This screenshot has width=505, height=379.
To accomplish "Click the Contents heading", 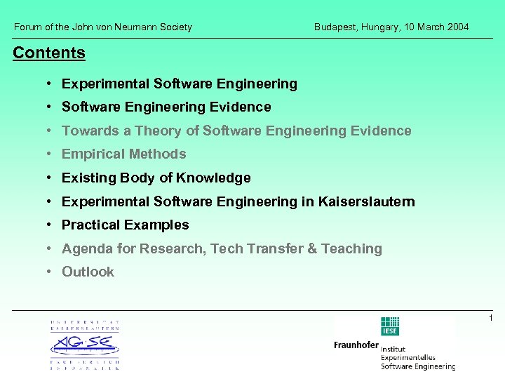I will [x=49, y=53].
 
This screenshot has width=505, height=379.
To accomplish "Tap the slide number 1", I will [x=491, y=319].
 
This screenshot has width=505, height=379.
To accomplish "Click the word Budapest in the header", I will [x=336, y=27].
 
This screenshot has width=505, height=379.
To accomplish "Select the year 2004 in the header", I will [x=457, y=27].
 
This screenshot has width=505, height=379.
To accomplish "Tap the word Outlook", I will [x=88, y=272].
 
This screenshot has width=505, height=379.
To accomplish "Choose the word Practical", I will [x=90, y=225].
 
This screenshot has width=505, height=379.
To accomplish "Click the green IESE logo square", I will [x=389, y=327].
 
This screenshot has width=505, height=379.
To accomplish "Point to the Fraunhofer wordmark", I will [x=356, y=345].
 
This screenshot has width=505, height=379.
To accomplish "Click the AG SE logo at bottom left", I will [x=84, y=345].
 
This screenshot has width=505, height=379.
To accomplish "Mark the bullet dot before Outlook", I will [x=51, y=272].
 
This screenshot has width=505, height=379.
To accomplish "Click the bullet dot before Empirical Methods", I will [x=51, y=154].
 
